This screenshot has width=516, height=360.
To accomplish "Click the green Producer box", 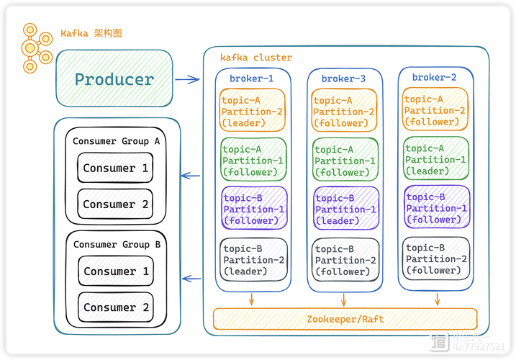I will click(114, 79).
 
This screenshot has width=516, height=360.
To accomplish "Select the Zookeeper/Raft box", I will click(345, 318).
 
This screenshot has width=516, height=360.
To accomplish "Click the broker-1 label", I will click(251, 78).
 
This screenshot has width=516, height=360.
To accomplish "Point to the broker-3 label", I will click(343, 78).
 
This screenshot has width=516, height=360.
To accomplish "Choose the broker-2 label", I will click(434, 77).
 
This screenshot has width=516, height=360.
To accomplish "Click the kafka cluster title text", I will click(256, 58).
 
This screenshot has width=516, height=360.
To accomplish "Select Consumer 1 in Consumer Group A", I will click(115, 168).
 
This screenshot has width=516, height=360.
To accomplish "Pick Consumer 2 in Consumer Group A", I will click(115, 204).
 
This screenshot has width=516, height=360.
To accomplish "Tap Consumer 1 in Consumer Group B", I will click(116, 271).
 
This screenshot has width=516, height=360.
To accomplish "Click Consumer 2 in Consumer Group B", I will click(116, 307).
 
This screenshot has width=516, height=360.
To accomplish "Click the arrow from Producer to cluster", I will click(188, 79).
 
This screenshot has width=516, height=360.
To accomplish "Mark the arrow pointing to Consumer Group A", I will click(191, 175).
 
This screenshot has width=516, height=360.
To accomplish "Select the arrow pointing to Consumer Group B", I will click(191, 278).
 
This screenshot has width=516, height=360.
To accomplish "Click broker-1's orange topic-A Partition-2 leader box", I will click(253, 111).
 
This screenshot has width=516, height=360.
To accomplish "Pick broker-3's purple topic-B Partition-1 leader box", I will click(344, 209).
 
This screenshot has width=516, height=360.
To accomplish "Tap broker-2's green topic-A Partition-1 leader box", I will click(435, 159).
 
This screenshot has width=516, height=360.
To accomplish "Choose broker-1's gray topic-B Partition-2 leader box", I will click(253, 259).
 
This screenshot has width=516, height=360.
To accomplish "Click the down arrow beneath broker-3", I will click(344, 299).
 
